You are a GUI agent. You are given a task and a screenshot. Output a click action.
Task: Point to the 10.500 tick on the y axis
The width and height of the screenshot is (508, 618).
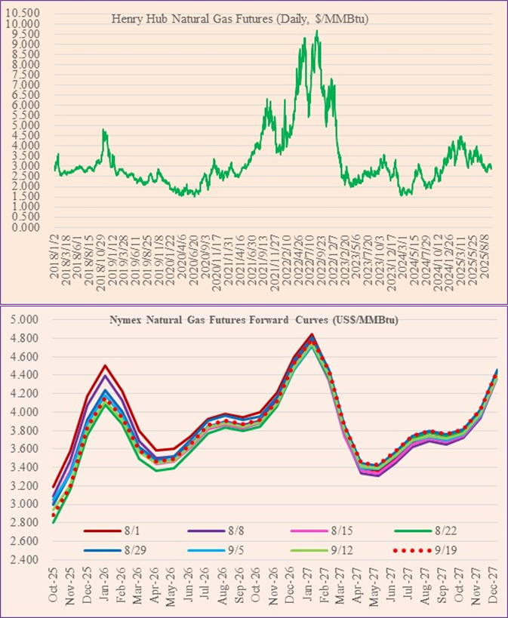pos(26,14)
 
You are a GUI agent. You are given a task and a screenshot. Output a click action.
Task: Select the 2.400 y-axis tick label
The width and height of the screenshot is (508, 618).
pos(26,559)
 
